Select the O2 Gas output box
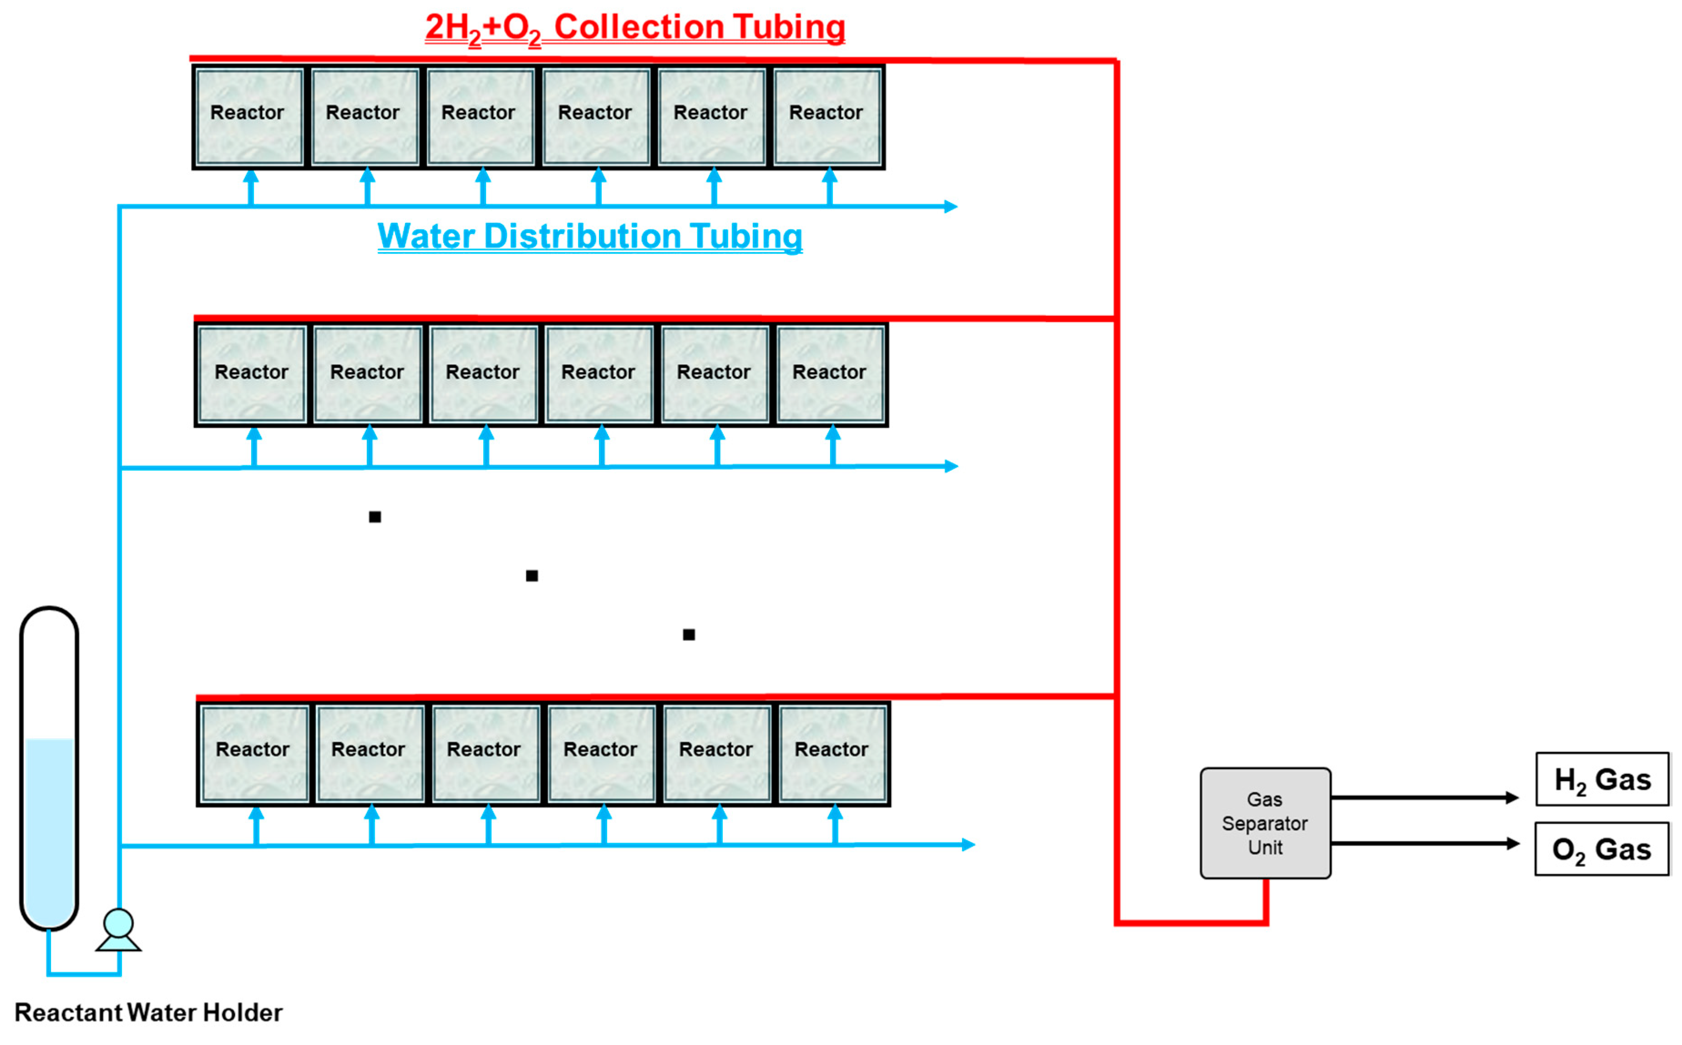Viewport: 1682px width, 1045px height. [1602, 849]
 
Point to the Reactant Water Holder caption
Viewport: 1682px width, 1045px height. [148, 1013]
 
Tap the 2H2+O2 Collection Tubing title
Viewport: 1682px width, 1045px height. [634, 28]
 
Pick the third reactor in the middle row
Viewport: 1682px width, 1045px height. [483, 374]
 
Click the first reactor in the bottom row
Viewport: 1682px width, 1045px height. [253, 753]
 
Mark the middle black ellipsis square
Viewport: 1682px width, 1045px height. [532, 576]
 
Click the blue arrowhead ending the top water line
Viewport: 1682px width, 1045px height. [952, 206]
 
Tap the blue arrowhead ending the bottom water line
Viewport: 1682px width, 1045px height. [969, 845]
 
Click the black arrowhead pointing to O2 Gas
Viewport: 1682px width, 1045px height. [1513, 843]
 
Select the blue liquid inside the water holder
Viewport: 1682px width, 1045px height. [49, 829]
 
